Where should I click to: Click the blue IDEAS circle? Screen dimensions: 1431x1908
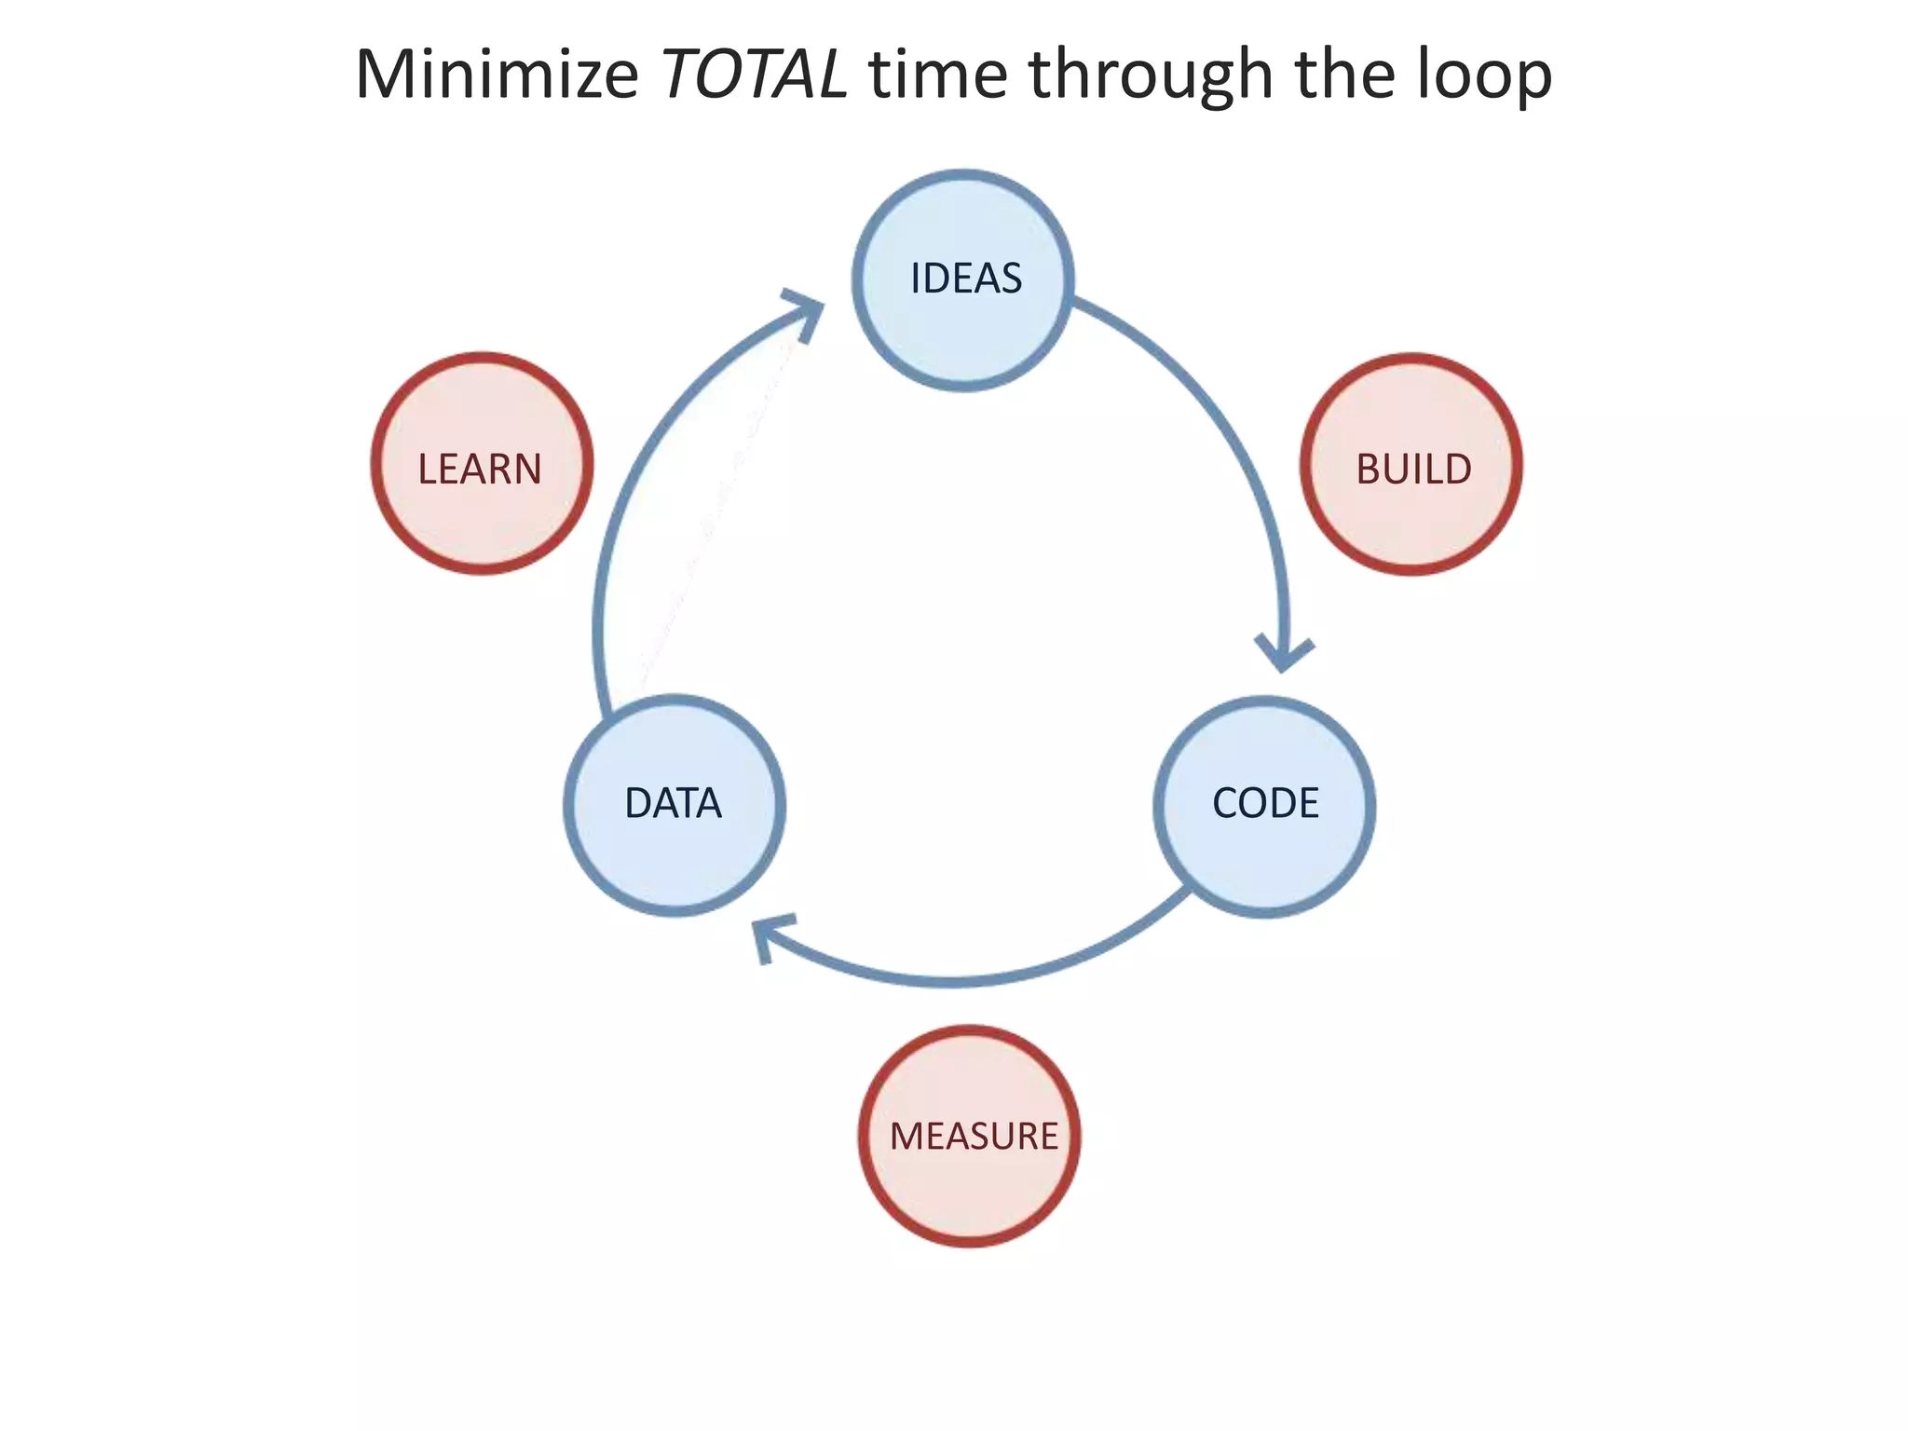click(963, 279)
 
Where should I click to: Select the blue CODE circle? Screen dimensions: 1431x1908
click(1264, 806)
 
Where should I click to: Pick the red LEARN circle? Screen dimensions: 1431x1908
click(482, 464)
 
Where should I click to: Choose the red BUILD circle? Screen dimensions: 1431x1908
click(1411, 464)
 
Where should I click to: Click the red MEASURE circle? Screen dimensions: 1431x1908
click(970, 1136)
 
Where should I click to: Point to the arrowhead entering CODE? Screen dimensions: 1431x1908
click(1284, 655)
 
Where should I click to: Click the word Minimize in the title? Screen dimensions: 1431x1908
click(497, 75)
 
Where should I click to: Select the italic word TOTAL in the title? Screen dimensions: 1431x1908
click(754, 75)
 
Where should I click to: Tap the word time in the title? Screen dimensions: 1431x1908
click(938, 75)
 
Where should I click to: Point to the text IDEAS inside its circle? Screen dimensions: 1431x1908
click(966, 279)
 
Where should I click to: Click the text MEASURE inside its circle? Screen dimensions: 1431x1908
click(974, 1137)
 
